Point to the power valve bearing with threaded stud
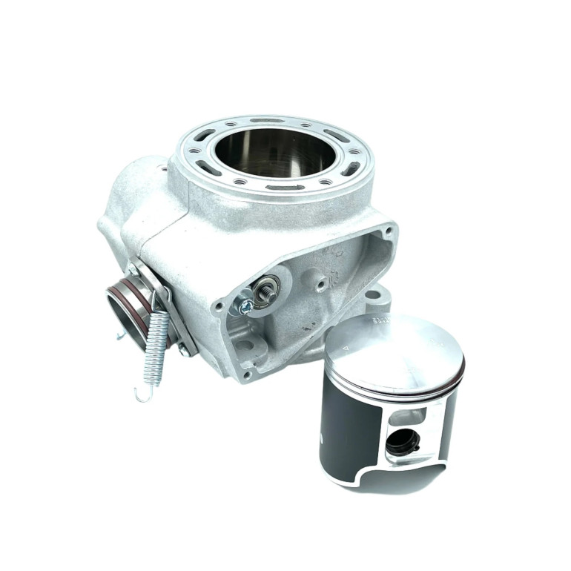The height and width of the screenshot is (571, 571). click(265, 291)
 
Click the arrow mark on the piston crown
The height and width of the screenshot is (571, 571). click(345, 346)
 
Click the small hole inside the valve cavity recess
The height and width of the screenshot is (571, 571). click(320, 282)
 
